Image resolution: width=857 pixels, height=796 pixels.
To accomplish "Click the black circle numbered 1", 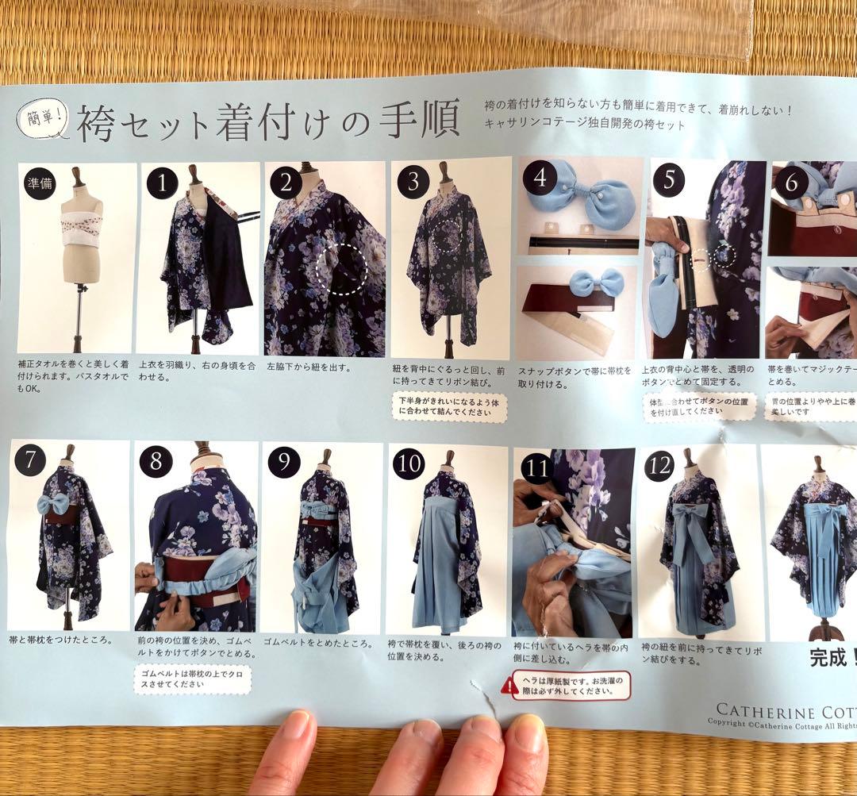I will pyautogui.click(x=163, y=184).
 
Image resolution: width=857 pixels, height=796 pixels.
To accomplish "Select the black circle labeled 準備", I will pyautogui.click(x=39, y=184).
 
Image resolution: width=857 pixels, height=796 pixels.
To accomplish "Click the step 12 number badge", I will pyautogui.click(x=659, y=465).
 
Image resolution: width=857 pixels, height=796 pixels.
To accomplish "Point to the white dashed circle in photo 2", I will pyautogui.click(x=340, y=270).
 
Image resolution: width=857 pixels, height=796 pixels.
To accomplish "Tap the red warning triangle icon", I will pyautogui.click(x=509, y=685).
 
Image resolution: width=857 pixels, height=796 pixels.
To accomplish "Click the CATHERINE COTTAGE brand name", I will pyautogui.click(x=786, y=709).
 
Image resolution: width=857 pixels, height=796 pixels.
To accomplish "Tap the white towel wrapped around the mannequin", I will pyautogui.click(x=83, y=228).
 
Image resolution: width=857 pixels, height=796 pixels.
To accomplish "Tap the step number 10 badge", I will pyautogui.click(x=408, y=464).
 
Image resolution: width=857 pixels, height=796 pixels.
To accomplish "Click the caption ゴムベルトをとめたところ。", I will pyautogui.click(x=317, y=641).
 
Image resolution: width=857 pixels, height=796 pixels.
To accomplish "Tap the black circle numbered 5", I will pyautogui.click(x=668, y=179).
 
